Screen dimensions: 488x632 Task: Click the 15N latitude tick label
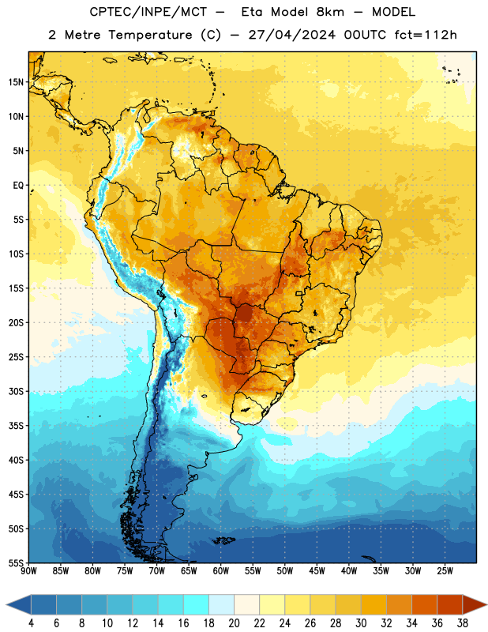[x=16, y=82]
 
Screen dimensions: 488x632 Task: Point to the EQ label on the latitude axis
[x=18, y=186]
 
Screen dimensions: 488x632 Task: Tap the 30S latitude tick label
[x=16, y=391]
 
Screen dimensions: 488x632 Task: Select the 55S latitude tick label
[x=16, y=563]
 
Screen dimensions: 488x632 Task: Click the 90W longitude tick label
[x=29, y=571]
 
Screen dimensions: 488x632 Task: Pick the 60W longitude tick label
[x=221, y=571]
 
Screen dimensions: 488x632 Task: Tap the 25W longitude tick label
[x=445, y=571]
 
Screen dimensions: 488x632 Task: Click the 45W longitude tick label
[x=317, y=571]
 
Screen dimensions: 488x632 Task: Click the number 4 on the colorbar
[x=31, y=623]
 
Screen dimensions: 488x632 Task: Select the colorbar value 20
[x=234, y=623]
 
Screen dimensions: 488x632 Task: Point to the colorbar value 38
[x=463, y=623]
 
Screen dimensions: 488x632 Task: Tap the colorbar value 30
[x=361, y=623]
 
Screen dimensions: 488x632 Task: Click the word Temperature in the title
[x=150, y=35]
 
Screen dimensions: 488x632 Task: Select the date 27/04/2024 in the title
[x=291, y=35]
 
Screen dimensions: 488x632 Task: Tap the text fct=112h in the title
[x=426, y=35]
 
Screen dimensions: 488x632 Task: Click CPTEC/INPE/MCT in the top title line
[x=148, y=12]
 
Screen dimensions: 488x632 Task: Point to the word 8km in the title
[x=330, y=12]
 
